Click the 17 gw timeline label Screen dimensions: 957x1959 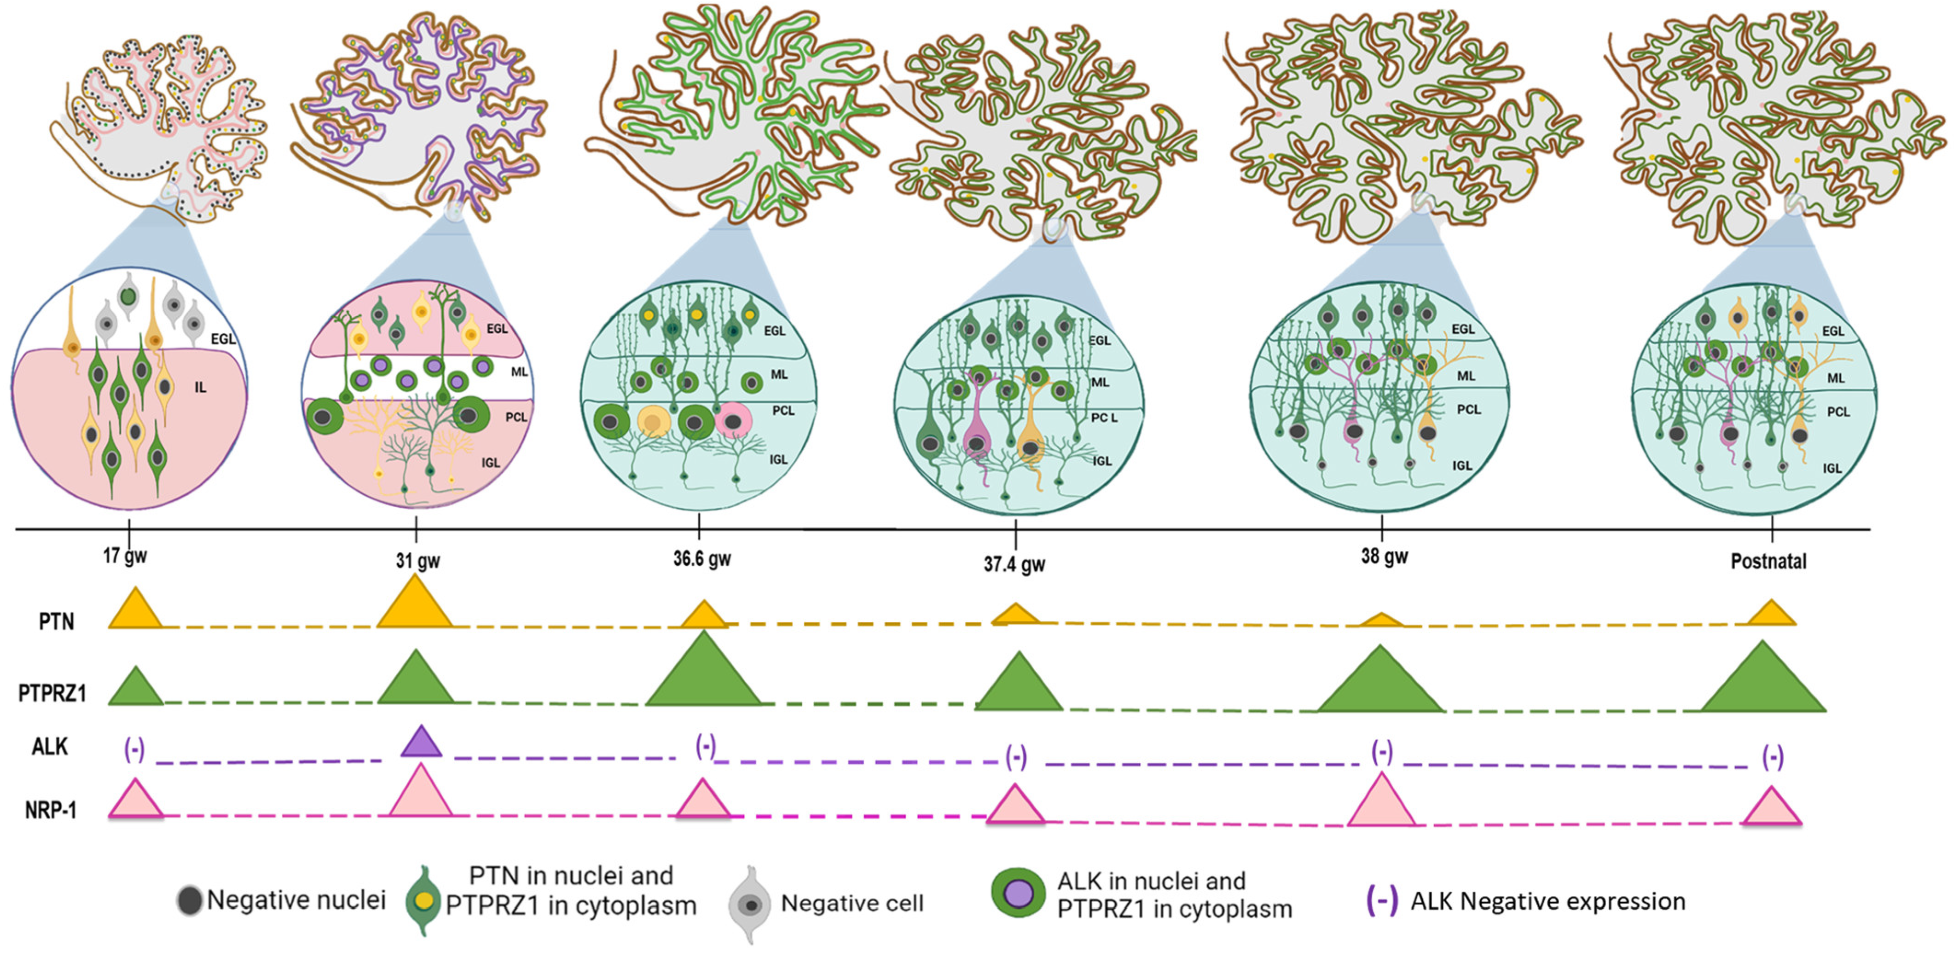pos(125,556)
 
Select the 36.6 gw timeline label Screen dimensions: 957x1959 pos(701,559)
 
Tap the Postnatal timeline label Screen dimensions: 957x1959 pos(1768,562)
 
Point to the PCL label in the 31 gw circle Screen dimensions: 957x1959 pos(516,417)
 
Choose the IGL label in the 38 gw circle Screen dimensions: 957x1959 pos(1461,465)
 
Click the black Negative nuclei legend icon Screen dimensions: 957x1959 pos(189,901)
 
